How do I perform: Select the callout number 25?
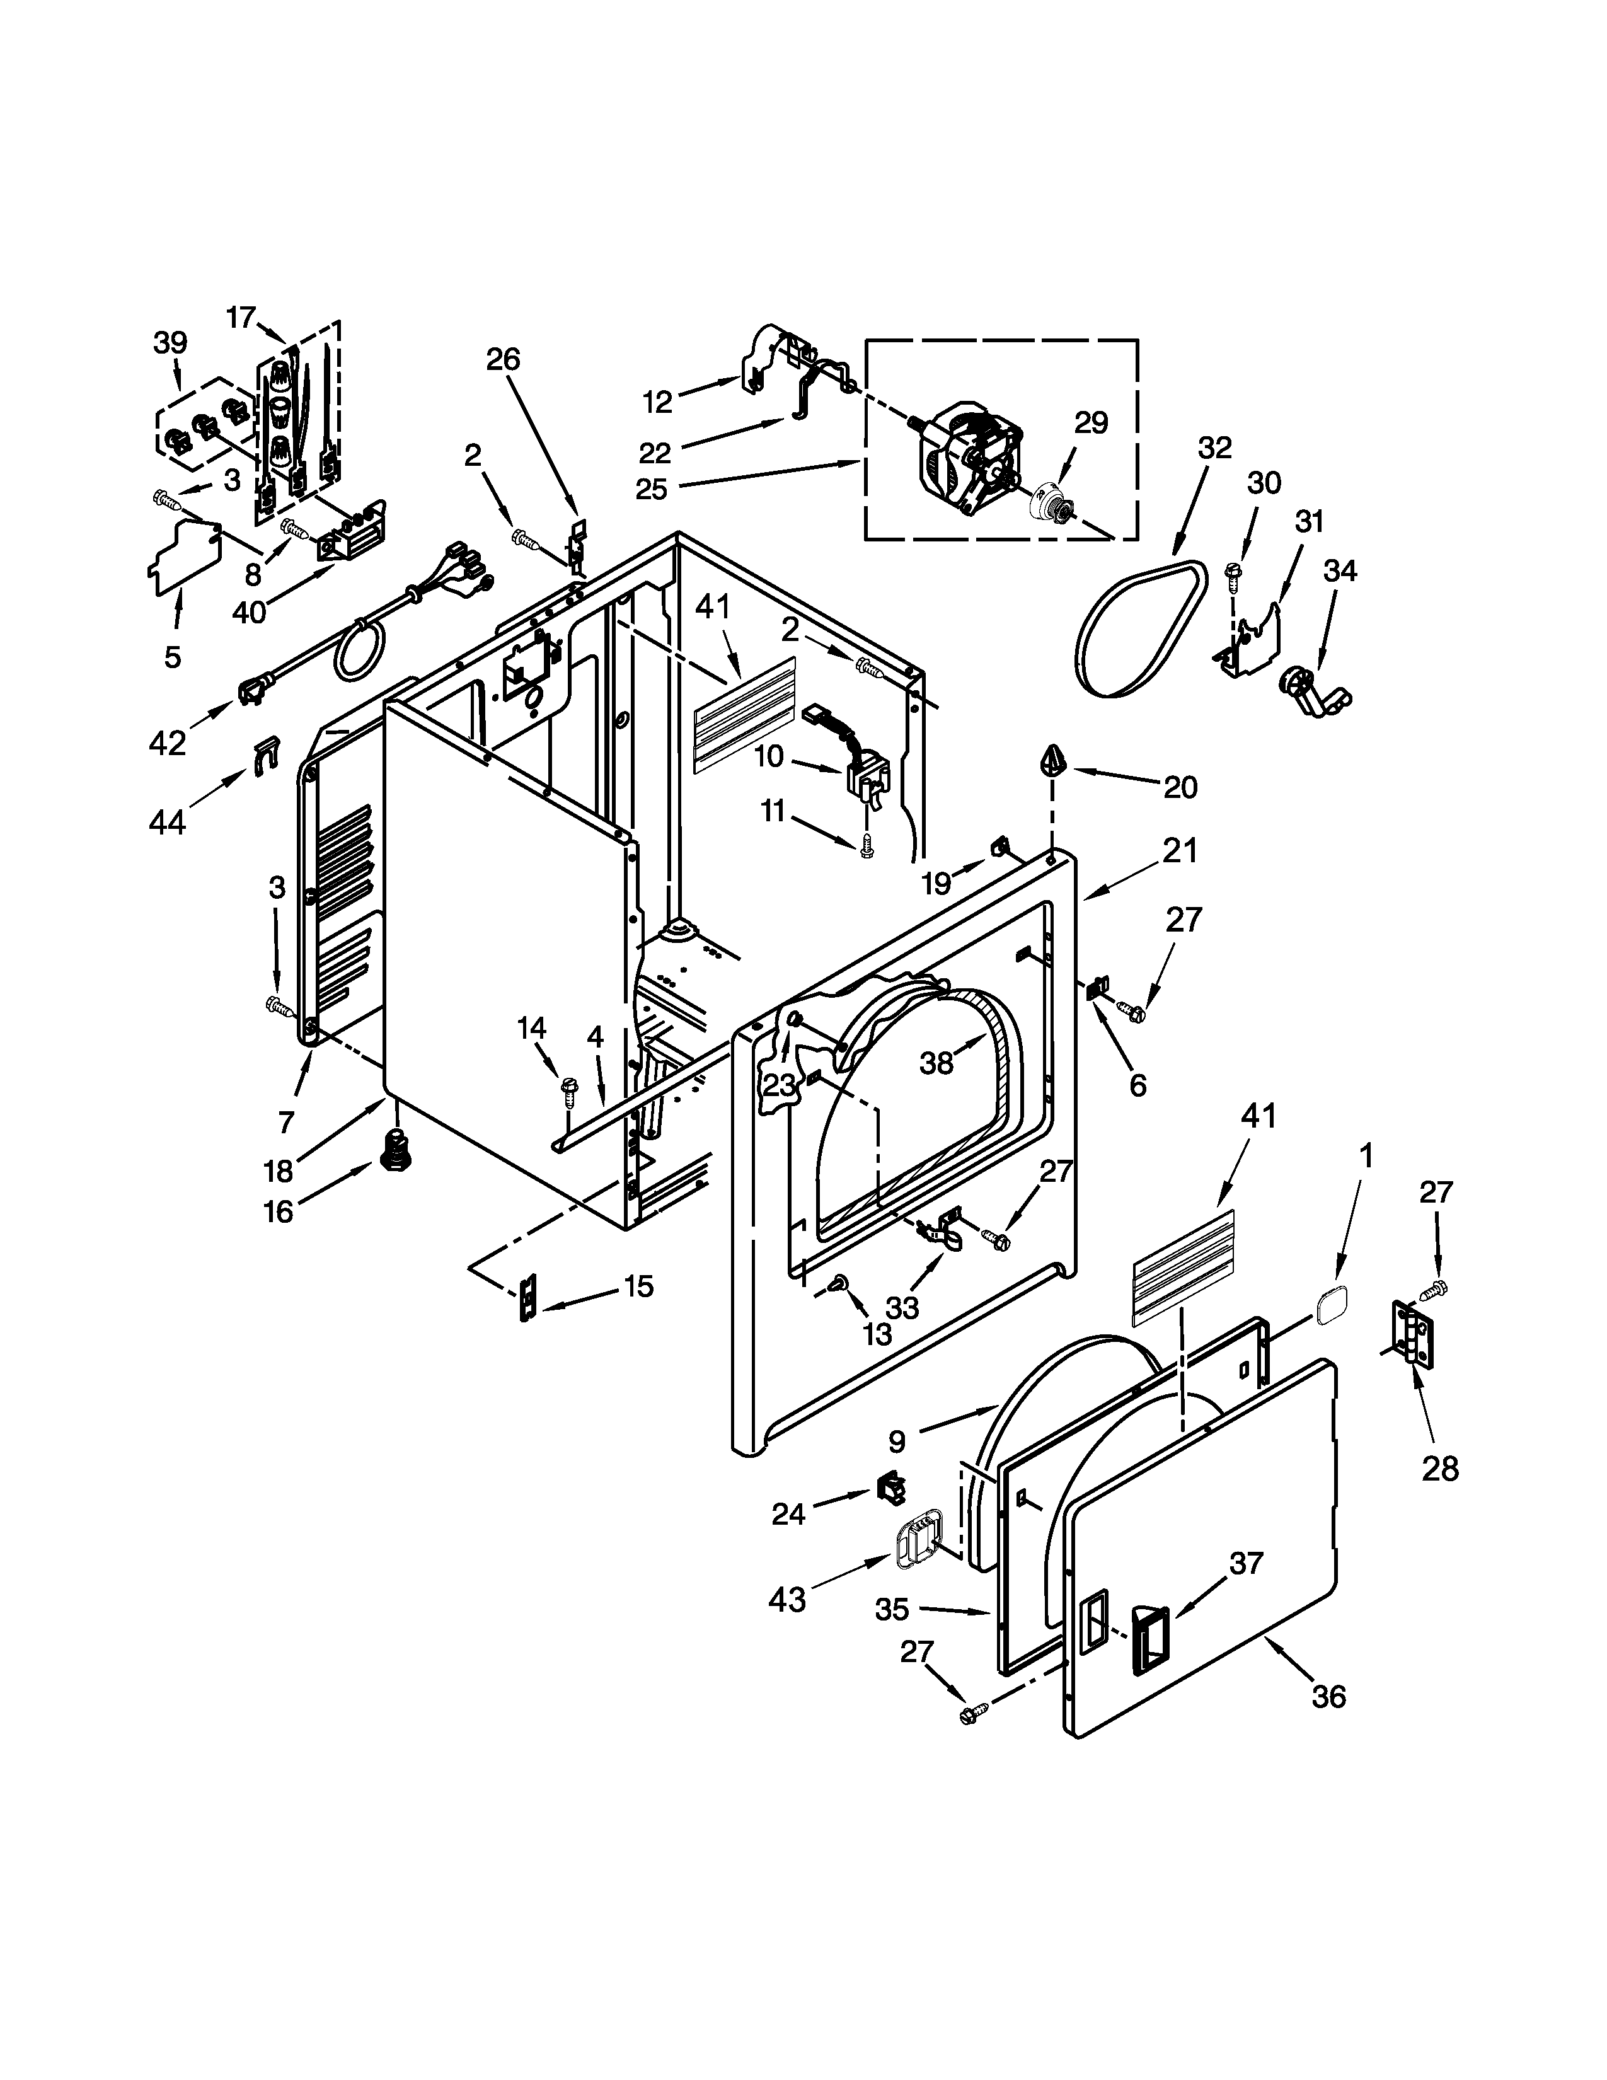coord(653,488)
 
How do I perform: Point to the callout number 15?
coord(639,1286)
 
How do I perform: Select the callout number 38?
coord(936,1063)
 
